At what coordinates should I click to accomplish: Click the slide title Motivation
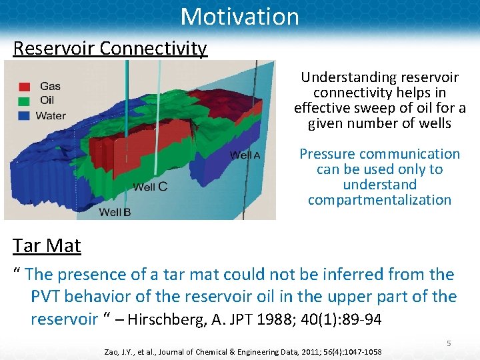pyautogui.click(x=240, y=16)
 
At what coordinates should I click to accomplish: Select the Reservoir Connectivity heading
pyautogui.click(x=110, y=49)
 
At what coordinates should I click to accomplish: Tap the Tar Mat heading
pyautogui.click(x=47, y=246)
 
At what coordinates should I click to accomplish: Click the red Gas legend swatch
pyautogui.click(x=25, y=87)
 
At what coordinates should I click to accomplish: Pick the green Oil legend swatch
pyautogui.click(x=25, y=101)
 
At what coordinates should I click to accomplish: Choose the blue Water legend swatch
pyautogui.click(x=25, y=116)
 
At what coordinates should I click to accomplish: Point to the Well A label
pyautogui.click(x=245, y=155)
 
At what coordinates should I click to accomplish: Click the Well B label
pyautogui.click(x=115, y=212)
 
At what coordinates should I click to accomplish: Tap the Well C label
pyautogui.click(x=150, y=187)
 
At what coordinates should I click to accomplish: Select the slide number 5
pyautogui.click(x=449, y=343)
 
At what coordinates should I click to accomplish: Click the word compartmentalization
pyautogui.click(x=379, y=200)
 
